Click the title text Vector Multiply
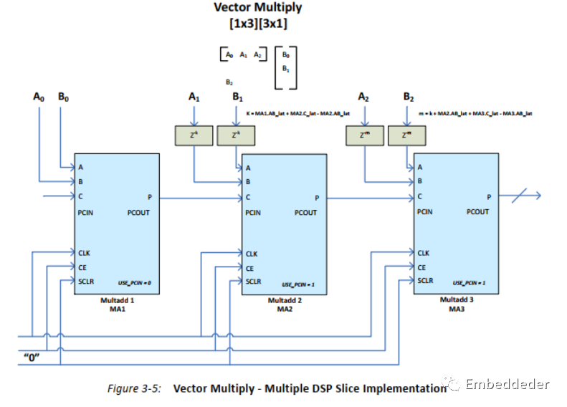258,8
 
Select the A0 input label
39,96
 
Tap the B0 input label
63,96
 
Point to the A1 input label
193,96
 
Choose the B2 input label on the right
409,96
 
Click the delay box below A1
193,134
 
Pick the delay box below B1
234,134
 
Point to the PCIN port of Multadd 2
253,213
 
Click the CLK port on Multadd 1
85,252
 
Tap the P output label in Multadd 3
489,196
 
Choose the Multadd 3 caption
457,300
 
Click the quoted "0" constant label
30,356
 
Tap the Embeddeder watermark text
507,385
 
